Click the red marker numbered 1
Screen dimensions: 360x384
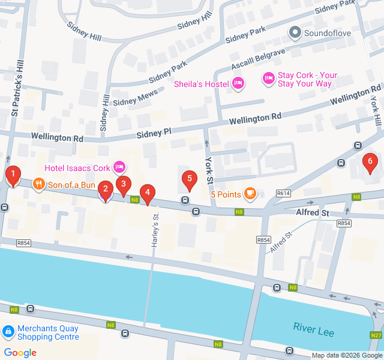click(13, 175)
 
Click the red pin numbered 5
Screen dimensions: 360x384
click(190, 179)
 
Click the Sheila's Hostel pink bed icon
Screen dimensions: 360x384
click(238, 84)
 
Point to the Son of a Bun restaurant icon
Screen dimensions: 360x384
click(38, 184)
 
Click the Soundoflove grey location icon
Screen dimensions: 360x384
click(295, 32)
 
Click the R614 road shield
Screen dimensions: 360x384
click(284, 193)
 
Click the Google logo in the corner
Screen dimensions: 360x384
click(20, 353)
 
